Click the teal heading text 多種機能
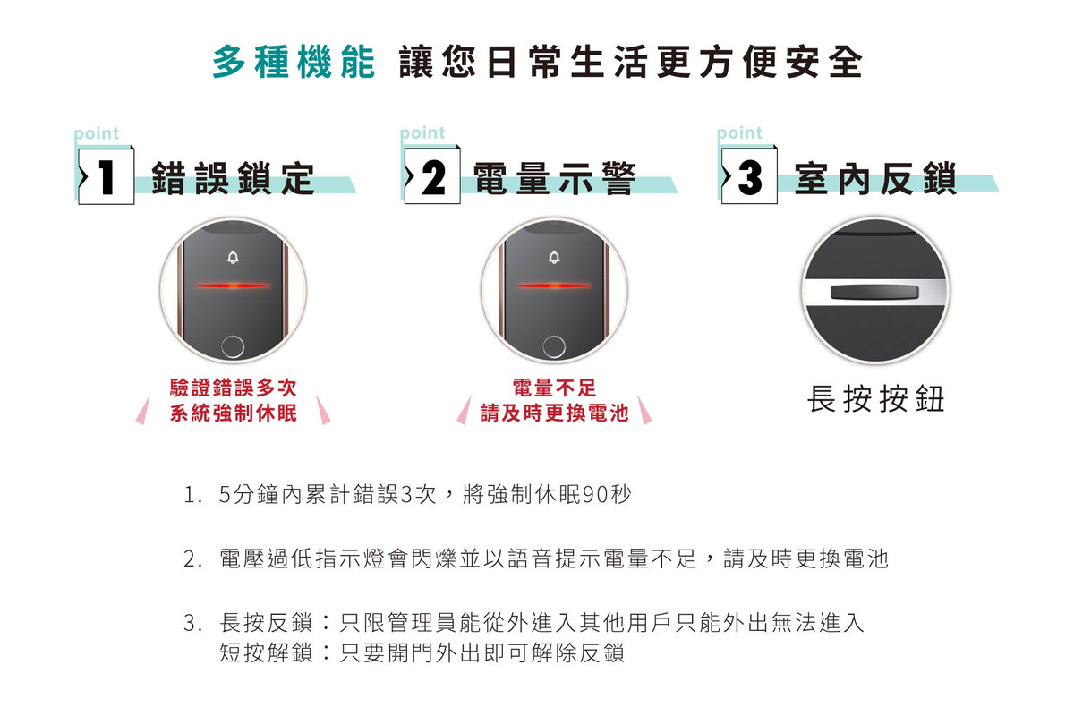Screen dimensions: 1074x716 pos(294,62)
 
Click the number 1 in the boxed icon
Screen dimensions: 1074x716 pos(106,177)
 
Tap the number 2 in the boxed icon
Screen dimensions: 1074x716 pos(433,177)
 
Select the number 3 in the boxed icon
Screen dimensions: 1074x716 pos(750,177)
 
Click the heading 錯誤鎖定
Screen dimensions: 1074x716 pos(233,178)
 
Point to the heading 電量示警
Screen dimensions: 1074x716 pos(555,178)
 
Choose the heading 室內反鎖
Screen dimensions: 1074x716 pos(875,178)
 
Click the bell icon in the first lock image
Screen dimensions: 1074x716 pos(233,258)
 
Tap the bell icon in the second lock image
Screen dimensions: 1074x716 pos(554,258)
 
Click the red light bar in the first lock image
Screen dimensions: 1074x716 pos(233,286)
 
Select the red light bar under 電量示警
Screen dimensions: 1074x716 pos(554,286)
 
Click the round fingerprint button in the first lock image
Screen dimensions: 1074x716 pos(233,345)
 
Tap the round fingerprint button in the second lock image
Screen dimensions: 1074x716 pos(554,345)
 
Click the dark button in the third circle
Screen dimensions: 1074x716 pos(874,292)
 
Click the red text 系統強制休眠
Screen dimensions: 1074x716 pos(234,413)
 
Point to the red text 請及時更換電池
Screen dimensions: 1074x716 pos(554,413)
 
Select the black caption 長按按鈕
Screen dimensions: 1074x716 pos(876,399)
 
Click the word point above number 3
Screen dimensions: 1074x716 pos(739,132)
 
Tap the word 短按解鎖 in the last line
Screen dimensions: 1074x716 pos(266,652)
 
